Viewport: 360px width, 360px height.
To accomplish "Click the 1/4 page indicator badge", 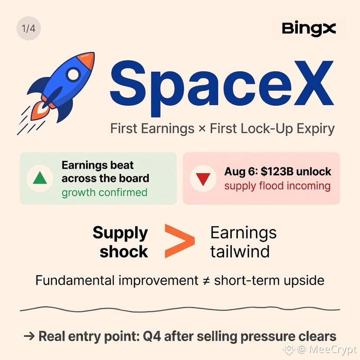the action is tap(29, 28).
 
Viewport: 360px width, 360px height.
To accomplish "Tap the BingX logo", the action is tap(309, 29).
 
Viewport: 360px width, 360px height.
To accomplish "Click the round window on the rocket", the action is tap(73, 74).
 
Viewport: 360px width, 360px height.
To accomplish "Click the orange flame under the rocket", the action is tap(41, 111).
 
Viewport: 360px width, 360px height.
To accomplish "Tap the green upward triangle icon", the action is tap(40, 178).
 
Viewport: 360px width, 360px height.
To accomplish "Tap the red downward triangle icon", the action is tap(203, 179).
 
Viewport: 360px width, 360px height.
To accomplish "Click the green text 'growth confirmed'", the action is tap(104, 193).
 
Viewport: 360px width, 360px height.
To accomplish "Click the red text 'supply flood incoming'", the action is tap(277, 186).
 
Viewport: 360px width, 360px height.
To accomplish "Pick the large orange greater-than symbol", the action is tap(180, 240).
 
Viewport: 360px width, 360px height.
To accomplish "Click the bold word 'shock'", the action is tap(124, 252).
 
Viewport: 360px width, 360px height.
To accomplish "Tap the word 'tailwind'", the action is tap(240, 251).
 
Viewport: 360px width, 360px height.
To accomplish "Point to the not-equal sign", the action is tap(207, 281).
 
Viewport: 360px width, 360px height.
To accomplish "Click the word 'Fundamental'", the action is tap(75, 280).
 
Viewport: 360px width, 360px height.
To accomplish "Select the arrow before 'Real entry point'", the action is tap(29, 337).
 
